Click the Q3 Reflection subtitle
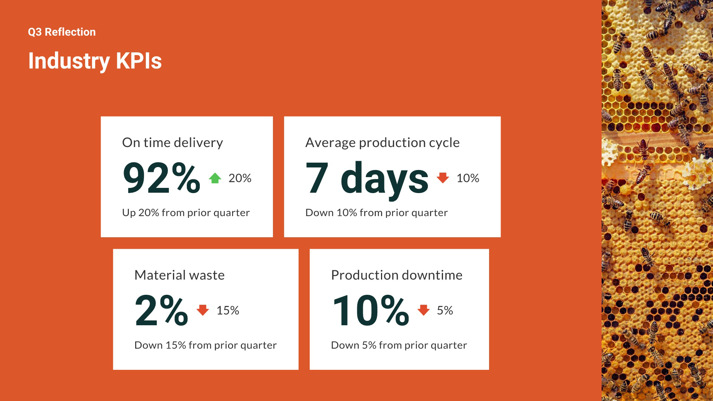pos(62,32)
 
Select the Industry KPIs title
pos(95,61)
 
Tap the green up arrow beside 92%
pos(215,178)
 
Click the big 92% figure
pos(162,178)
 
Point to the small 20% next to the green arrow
pos(240,178)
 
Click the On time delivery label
pos(173,143)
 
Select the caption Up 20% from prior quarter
pos(186,213)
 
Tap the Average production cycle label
pos(382,143)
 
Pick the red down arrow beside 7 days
pos(443,178)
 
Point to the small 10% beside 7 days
pos(468,178)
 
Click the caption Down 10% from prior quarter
pos(377,213)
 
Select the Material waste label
pos(180,275)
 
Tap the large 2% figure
pos(162,310)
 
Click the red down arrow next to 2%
pos(203,310)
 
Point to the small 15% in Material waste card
pos(228,310)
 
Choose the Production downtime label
pos(397,275)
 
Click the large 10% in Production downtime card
pos(371,310)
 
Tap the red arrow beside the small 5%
pos(423,310)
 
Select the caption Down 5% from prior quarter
pos(399,345)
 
